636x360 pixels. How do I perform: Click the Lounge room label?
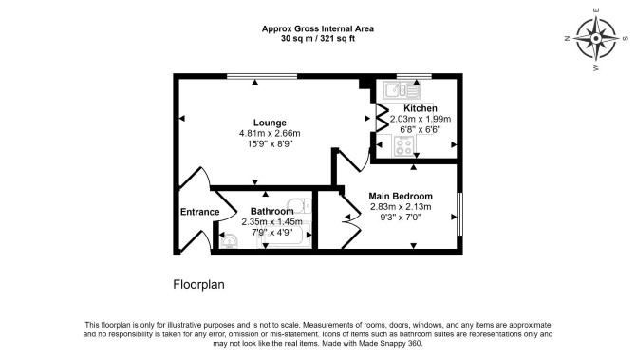[270, 123]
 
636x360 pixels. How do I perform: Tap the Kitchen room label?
[421, 108]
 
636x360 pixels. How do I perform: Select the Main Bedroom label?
[401, 196]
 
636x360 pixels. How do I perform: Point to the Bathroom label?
[271, 212]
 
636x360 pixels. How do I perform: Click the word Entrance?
[199, 212]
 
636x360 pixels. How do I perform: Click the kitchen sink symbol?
[402, 90]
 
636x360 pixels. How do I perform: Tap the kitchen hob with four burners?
[403, 146]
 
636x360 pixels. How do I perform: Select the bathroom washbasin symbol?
[229, 241]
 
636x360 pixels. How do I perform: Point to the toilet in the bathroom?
[299, 206]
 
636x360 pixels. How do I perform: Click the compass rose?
[596, 39]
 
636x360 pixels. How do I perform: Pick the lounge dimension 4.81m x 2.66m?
[270, 133]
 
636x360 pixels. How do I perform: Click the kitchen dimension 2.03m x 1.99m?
[421, 120]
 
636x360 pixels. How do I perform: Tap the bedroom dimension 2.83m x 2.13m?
[401, 207]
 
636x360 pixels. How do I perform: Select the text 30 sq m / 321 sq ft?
[318, 39]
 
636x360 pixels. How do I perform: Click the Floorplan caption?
[198, 285]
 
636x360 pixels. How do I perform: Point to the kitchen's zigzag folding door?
[383, 118]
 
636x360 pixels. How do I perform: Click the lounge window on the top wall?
[262, 76]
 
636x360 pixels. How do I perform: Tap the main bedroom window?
[460, 214]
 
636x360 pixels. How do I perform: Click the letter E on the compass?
[596, 10]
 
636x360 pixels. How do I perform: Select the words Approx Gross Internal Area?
[318, 28]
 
